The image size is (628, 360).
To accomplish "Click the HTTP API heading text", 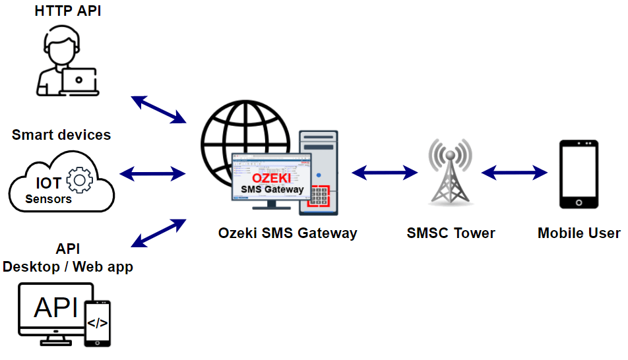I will (68, 11).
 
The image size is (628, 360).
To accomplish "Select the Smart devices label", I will (61, 135).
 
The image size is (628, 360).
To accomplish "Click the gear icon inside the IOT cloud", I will (80, 181).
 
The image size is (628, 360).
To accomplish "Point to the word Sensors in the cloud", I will (49, 198).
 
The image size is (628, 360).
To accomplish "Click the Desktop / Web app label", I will (68, 267).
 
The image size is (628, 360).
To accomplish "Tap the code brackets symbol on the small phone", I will (98, 323).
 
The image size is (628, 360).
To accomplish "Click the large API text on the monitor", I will (56, 308).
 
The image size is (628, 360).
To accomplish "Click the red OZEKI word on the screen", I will (272, 179).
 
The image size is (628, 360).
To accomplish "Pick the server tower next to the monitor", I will (319, 172).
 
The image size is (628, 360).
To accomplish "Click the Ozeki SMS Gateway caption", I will (288, 233).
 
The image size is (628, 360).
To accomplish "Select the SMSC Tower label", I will (451, 233).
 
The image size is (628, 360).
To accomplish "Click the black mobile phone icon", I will (579, 175).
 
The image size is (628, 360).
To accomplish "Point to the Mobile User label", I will (579, 233).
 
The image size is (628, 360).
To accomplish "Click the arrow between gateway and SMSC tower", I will (385, 173).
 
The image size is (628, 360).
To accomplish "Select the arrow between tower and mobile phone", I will (515, 173).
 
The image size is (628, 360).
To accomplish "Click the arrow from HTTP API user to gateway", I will (158, 109).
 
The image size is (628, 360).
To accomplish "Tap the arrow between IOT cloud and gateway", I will (153, 173).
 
